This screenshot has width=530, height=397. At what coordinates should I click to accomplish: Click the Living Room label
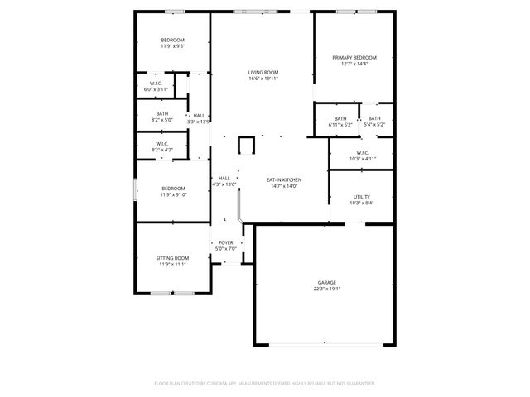263,73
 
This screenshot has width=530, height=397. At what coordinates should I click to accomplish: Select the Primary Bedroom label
354,58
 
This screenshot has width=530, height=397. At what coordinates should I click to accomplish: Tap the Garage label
327,283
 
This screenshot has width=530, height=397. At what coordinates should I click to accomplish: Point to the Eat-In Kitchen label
283,179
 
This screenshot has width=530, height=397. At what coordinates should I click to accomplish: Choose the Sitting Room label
172,258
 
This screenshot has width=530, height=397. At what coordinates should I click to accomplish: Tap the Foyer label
226,242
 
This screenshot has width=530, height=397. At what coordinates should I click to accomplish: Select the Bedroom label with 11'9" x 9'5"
172,41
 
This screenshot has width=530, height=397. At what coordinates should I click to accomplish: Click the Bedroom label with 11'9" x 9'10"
172,189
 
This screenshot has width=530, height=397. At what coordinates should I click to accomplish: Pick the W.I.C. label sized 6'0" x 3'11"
158,84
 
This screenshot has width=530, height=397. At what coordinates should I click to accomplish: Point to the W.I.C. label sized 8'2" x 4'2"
162,145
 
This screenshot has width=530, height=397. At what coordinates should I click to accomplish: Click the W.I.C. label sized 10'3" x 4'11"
362,153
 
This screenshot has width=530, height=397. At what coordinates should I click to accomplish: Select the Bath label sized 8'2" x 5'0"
161,115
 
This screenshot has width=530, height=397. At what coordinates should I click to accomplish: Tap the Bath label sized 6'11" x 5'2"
340,118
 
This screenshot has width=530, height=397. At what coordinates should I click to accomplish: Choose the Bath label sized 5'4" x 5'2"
374,118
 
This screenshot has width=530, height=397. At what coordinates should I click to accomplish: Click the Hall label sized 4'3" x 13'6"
224,178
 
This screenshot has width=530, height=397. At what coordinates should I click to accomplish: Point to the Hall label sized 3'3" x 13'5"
199,115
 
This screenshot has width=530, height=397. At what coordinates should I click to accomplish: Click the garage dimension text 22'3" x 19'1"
327,289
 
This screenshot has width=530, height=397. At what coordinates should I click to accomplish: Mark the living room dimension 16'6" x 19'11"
263,79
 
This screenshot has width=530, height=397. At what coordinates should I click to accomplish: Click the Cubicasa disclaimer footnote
265,383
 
